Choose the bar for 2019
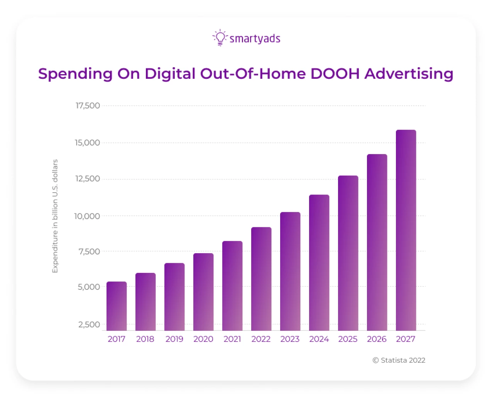tap(174, 297)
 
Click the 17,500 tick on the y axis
tap(88, 106)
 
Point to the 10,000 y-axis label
tap(87, 216)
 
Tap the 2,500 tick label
tap(89, 325)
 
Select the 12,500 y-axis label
tap(88, 179)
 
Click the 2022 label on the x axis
tap(261, 339)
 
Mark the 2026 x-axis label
tap(377, 339)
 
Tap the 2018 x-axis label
tap(145, 339)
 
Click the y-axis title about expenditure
tap(55, 216)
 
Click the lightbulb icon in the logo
tap(220, 38)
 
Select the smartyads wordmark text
tap(255, 39)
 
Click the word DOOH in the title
tap(335, 74)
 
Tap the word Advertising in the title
tap(409, 74)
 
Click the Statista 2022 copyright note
tap(399, 360)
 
